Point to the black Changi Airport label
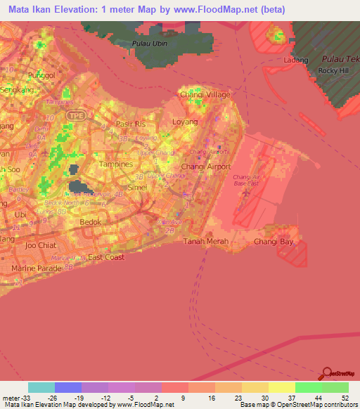pyautogui.click(x=201, y=167)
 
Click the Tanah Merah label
pyautogui.click(x=202, y=241)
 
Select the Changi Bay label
pyautogui.click(x=276, y=241)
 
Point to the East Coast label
pyautogui.click(x=106, y=257)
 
